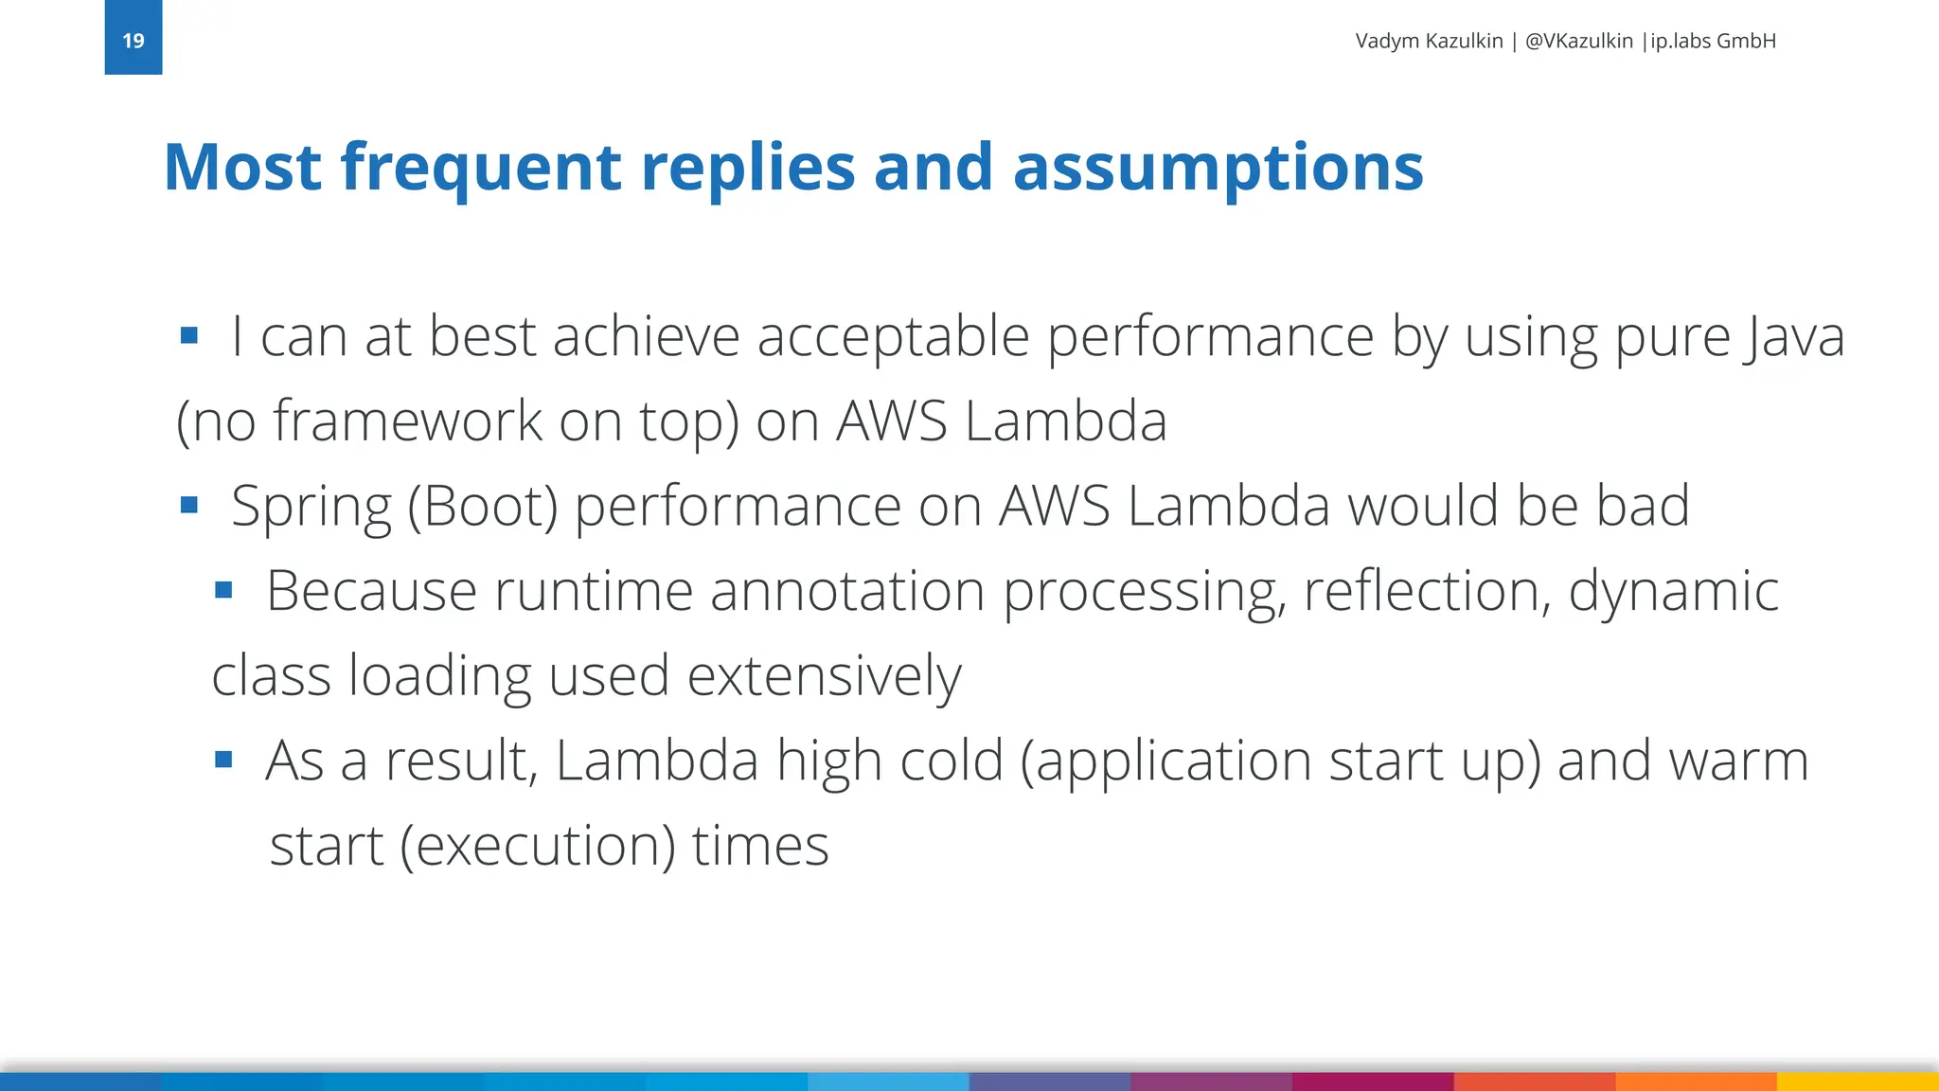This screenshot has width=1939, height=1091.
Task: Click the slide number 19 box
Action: [x=133, y=38]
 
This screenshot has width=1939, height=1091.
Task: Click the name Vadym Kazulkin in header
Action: [x=1429, y=41]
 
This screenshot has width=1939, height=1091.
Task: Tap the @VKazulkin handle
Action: [x=1578, y=41]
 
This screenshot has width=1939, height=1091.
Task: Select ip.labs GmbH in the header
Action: [x=1714, y=41]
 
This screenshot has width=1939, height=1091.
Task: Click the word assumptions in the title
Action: [x=1218, y=169]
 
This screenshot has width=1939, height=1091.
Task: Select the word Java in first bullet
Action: [x=1794, y=336]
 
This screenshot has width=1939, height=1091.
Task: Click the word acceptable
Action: [x=893, y=336]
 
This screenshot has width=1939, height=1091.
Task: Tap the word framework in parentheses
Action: [x=408, y=420]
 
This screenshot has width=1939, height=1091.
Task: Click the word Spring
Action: [x=311, y=507]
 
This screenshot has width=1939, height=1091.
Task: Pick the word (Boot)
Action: [x=483, y=507]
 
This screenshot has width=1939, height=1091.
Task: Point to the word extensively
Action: [x=824, y=676]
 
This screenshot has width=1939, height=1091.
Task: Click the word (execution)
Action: [x=538, y=846]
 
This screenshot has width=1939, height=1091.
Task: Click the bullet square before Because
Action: [x=223, y=591]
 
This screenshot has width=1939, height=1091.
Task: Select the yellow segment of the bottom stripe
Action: [x=1858, y=1082]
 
